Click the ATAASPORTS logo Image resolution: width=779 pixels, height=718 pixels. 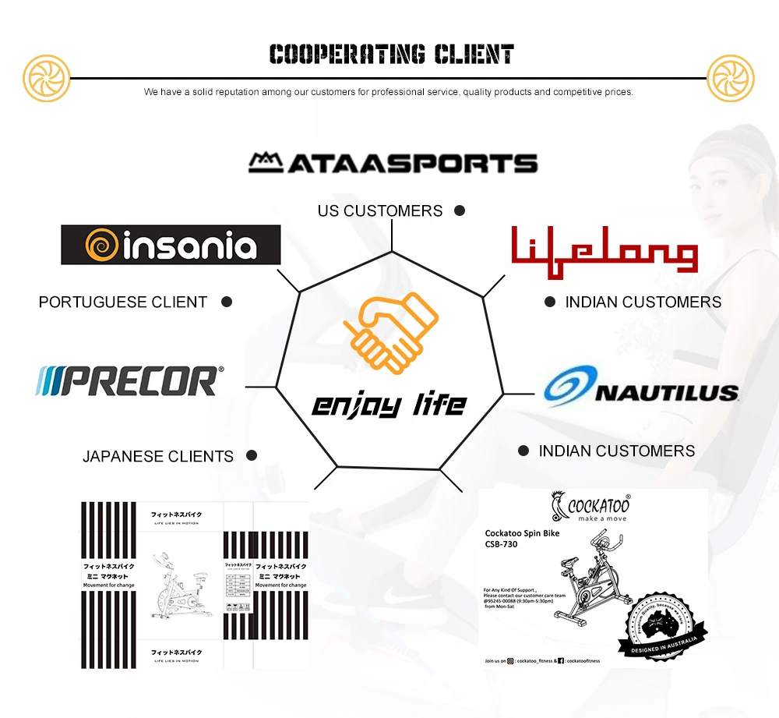click(393, 162)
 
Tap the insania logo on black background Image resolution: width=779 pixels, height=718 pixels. click(171, 245)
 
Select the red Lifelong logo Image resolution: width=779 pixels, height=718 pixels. click(605, 249)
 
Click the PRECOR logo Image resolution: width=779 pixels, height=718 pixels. click(129, 380)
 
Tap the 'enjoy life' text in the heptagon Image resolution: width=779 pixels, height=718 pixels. click(389, 405)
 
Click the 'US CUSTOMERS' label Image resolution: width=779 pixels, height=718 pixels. click(380, 210)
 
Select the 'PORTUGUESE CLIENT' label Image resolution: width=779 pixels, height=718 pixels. click(123, 302)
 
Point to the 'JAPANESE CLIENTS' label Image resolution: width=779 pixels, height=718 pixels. click(158, 456)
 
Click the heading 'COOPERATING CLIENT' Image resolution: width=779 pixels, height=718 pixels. click(391, 55)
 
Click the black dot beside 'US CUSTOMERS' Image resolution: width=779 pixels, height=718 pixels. click(460, 210)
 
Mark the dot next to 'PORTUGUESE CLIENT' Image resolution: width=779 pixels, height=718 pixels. click(227, 302)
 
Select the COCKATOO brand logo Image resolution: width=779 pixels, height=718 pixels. click(590, 508)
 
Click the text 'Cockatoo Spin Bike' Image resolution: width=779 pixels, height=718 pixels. click(522, 533)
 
